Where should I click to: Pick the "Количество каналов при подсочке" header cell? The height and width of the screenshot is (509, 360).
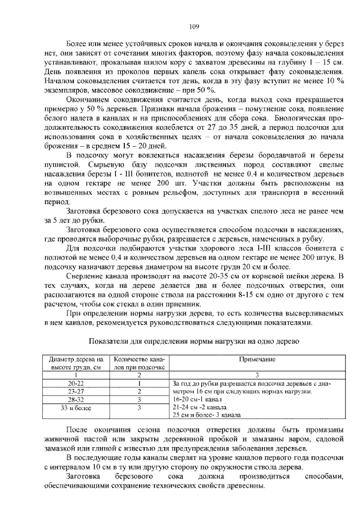pyautogui.click(x=139, y=363)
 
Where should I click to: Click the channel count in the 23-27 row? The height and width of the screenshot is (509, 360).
pyautogui.click(x=139, y=391)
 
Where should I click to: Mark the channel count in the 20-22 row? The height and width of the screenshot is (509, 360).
pyautogui.click(x=139, y=383)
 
